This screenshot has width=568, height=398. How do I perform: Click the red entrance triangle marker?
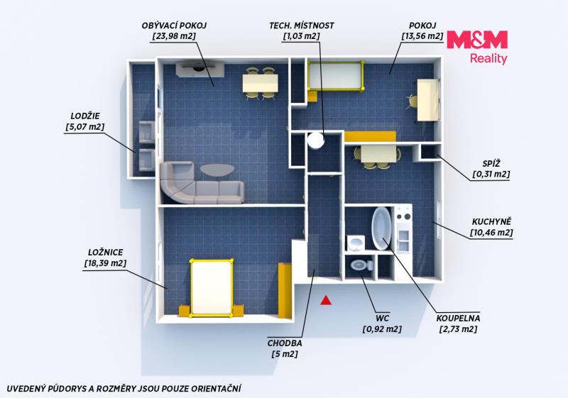point(326,300)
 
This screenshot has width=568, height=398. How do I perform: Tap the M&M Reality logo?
point(477,48)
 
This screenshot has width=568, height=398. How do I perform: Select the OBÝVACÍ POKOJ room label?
point(174,26)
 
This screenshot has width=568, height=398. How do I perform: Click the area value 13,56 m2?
point(422,36)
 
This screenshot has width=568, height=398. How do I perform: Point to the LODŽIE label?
point(85,116)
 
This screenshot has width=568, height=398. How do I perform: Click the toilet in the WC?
point(361,265)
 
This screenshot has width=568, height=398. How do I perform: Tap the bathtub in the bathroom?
point(381,228)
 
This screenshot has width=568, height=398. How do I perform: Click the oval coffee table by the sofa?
point(217,170)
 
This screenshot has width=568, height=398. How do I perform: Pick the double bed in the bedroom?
point(212,287)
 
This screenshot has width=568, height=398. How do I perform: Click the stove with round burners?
point(403,216)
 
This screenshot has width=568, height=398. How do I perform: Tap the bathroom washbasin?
point(356,243)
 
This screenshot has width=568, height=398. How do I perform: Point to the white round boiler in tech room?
point(315,140)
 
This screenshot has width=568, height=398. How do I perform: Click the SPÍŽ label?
point(491,164)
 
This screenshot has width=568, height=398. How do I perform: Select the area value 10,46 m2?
point(491,233)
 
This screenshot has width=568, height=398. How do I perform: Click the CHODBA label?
point(285,343)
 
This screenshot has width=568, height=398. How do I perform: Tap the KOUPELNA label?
point(458,319)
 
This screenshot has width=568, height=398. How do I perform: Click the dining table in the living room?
point(261,83)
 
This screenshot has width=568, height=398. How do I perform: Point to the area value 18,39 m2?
point(105,263)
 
